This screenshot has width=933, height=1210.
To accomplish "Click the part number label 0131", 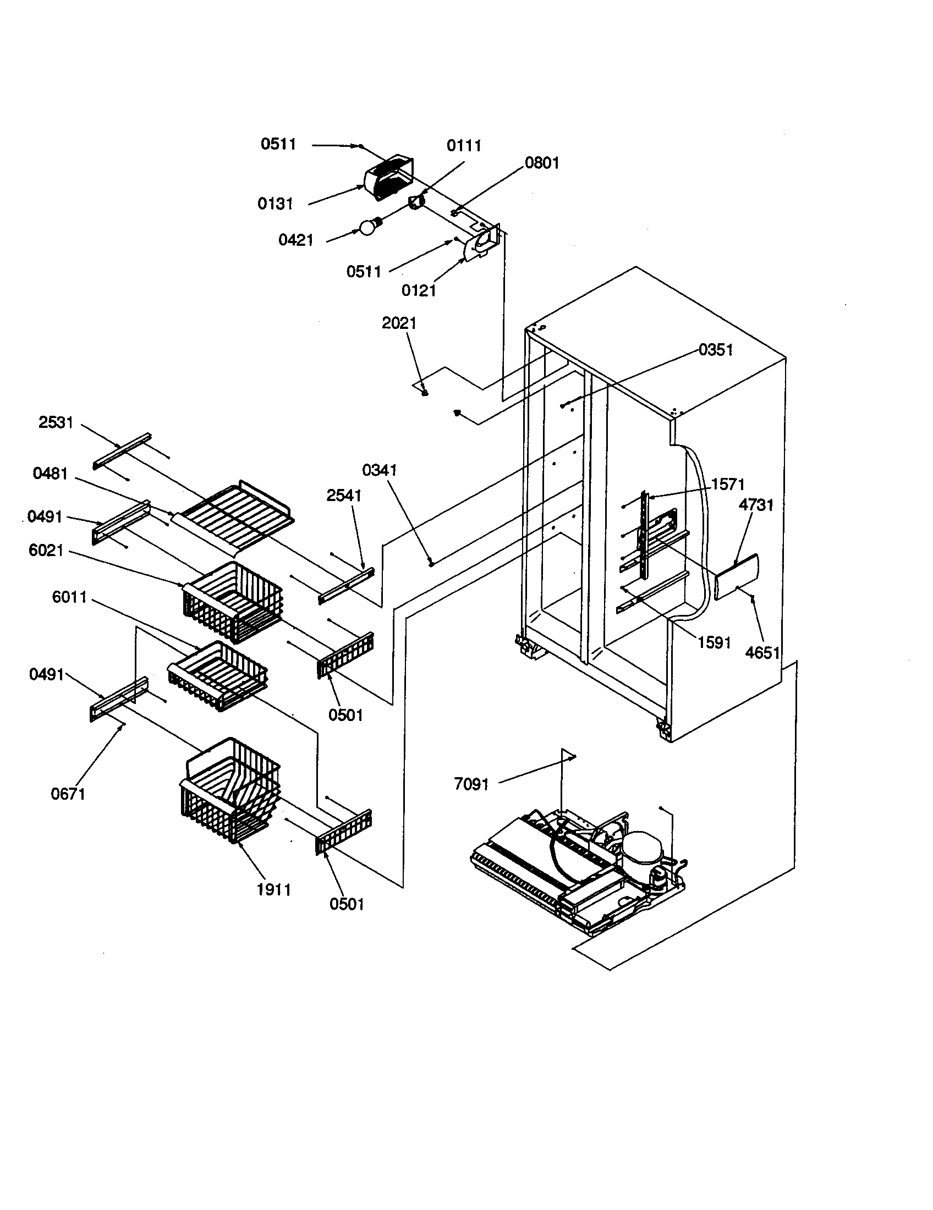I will coord(275,204).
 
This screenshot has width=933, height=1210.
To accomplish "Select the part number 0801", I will coord(542,163).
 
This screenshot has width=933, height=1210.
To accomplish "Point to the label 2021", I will coord(399,323).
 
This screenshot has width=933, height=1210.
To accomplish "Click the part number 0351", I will coord(715,350).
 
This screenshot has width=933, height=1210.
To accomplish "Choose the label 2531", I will coord(56,422).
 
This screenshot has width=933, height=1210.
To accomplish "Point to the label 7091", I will coord(471,784).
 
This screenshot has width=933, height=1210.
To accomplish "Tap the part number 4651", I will coord(762,653).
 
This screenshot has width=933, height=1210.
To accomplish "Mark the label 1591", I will coord(714,642).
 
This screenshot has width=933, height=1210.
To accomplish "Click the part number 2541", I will coord(343,496).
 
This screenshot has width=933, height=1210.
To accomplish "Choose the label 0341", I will coord(380,470).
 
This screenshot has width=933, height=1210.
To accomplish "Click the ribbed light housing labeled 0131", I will coord(388,177).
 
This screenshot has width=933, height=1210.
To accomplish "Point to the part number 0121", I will coord(418,290).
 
